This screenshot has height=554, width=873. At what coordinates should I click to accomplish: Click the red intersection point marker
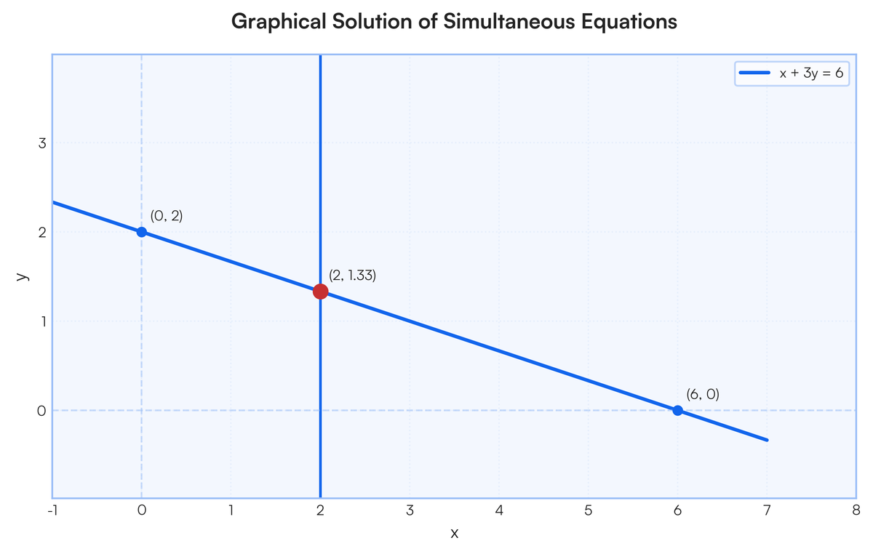click(320, 292)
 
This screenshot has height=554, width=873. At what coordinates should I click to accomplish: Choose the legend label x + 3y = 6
click(811, 73)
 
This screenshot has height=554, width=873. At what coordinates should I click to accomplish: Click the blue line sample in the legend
click(754, 73)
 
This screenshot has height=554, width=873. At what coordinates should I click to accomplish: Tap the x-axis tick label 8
click(856, 510)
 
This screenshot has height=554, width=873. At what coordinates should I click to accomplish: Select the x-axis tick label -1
click(52, 510)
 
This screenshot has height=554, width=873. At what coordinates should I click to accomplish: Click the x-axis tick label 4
click(499, 510)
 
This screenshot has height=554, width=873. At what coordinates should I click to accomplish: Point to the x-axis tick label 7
click(767, 510)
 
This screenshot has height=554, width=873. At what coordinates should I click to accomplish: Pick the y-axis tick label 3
click(42, 143)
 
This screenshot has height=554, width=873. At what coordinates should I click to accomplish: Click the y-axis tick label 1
click(43, 321)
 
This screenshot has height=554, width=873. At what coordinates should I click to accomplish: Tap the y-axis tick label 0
click(41, 411)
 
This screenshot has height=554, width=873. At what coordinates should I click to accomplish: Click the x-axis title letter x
click(455, 534)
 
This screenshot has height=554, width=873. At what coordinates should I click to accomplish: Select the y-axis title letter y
click(23, 276)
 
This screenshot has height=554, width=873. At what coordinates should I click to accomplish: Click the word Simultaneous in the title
click(509, 21)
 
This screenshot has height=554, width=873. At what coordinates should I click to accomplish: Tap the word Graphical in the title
click(279, 22)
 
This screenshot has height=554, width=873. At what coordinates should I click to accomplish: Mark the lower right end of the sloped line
click(767, 441)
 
